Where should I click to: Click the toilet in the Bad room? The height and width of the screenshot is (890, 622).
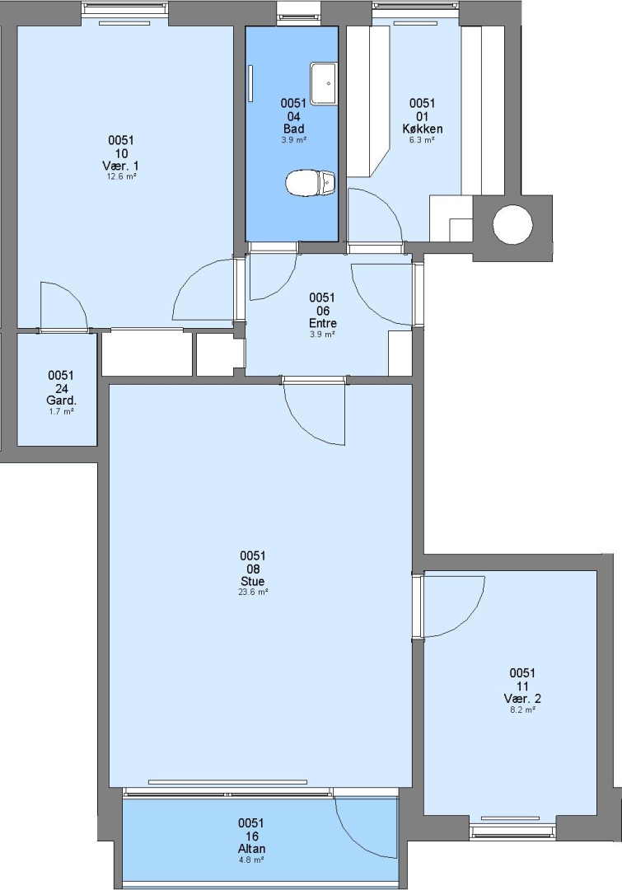(310, 183)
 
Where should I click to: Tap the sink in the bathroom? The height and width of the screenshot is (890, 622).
(323, 83)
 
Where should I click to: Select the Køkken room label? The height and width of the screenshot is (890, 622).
(423, 129)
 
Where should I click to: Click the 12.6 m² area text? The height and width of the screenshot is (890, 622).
(122, 176)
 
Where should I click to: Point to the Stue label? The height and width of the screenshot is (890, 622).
(253, 581)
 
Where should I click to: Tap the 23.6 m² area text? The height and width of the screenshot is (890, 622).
(253, 592)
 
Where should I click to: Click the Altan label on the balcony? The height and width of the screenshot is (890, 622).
(251, 849)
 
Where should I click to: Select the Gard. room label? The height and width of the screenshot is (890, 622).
(61, 400)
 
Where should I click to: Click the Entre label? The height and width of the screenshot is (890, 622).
(322, 323)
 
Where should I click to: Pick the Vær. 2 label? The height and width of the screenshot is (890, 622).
(522, 699)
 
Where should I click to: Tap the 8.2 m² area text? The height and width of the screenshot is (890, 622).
(522, 710)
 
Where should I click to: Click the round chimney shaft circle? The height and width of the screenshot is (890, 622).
(512, 224)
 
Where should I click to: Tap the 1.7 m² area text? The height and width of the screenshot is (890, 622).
(61, 411)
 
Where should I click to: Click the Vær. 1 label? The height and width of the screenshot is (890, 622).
(120, 166)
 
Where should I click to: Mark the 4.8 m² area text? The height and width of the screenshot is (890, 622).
(250, 860)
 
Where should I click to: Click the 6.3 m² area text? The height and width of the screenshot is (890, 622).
(423, 139)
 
